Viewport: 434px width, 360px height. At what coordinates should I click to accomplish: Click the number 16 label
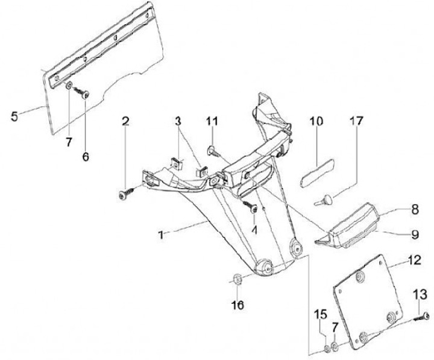[238, 306]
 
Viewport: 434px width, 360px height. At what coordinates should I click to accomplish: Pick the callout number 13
[420, 294]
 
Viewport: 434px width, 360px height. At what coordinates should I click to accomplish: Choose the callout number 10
[317, 122]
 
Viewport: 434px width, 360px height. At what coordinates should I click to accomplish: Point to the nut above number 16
[237, 279]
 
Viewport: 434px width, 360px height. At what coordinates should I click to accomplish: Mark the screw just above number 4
[252, 207]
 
